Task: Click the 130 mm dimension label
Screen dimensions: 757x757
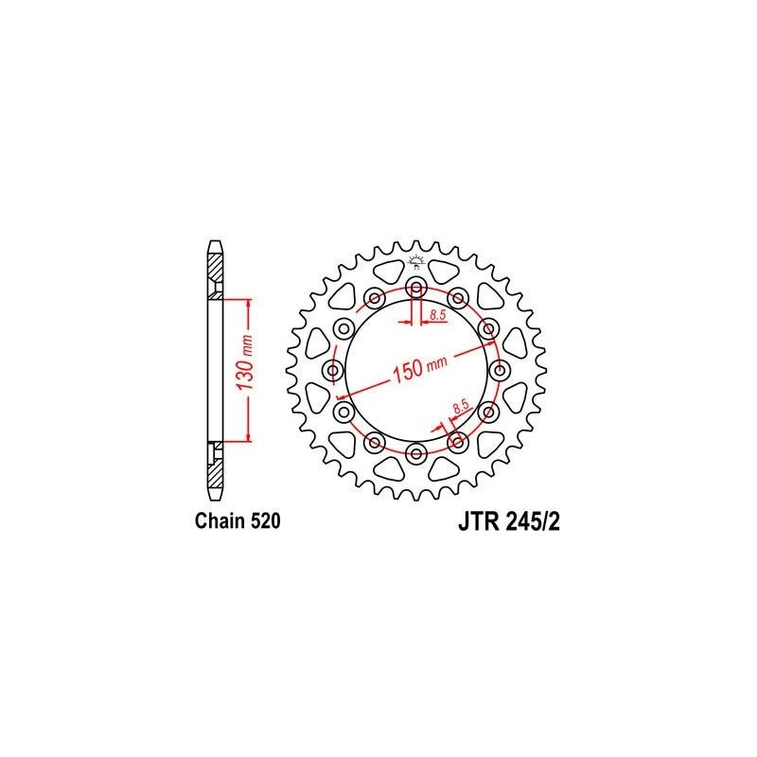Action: click(241, 371)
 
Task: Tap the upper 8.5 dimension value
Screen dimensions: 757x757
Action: click(438, 313)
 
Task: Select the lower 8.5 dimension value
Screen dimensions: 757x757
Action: click(461, 409)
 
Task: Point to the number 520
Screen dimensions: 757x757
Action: click(263, 520)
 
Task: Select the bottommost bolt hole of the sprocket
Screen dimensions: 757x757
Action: click(415, 454)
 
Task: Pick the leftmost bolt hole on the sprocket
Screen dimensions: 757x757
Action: click(332, 371)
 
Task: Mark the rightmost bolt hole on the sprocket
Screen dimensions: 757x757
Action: click(499, 371)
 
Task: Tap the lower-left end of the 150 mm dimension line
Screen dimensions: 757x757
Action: click(342, 394)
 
